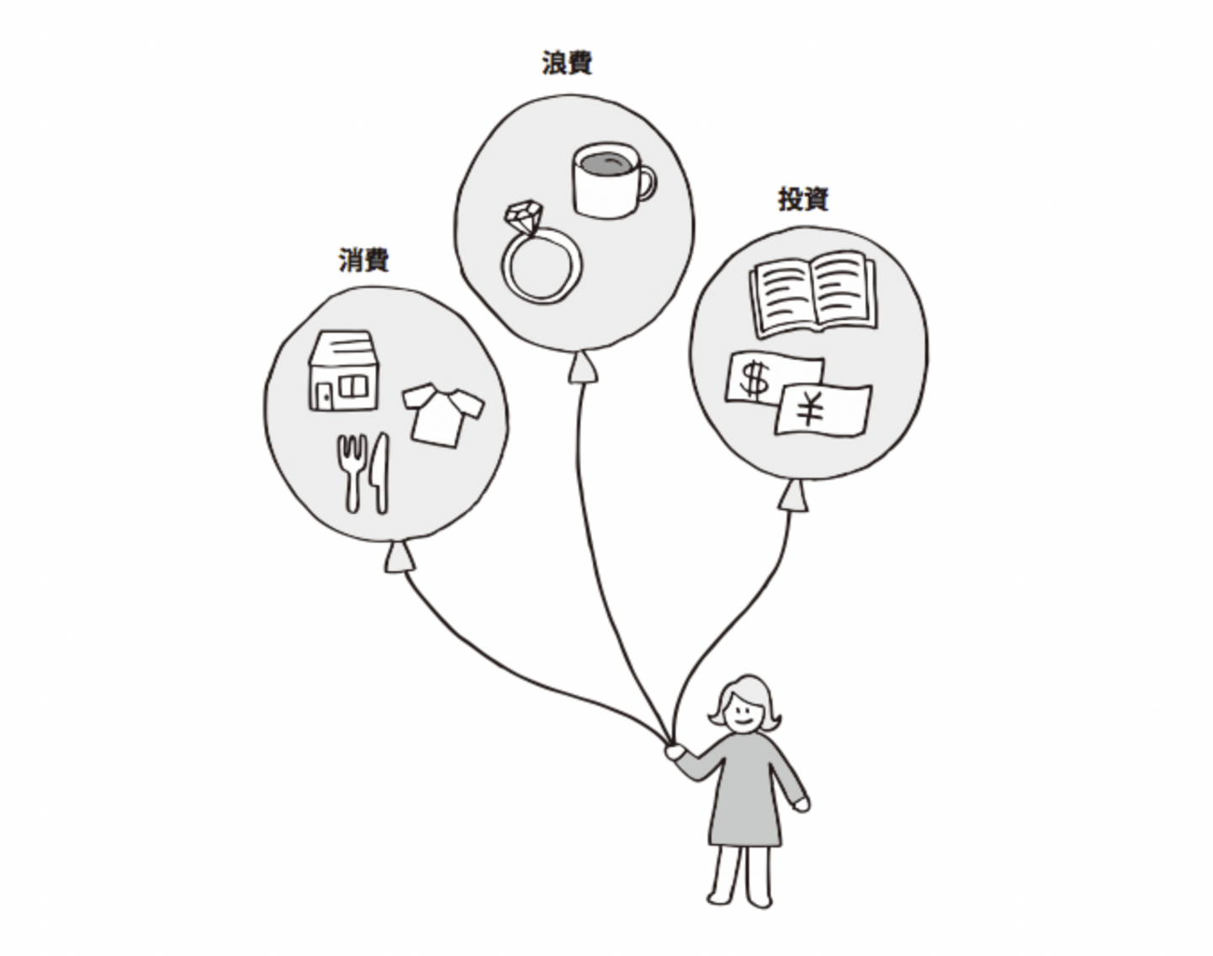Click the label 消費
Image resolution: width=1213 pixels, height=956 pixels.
[x=364, y=260]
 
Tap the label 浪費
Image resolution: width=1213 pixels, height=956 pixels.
[x=567, y=63]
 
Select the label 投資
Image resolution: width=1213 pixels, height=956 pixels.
[x=803, y=200]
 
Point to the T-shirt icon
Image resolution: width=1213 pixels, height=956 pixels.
[x=441, y=414]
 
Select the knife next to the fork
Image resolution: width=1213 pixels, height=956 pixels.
[x=379, y=473]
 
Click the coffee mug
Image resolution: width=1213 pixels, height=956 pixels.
[x=606, y=181]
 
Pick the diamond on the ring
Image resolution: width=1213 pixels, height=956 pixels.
[x=523, y=217]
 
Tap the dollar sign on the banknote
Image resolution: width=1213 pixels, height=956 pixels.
[x=754, y=379]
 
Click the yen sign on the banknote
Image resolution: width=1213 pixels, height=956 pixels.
[x=810, y=411]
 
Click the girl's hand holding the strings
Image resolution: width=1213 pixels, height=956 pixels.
[x=675, y=750]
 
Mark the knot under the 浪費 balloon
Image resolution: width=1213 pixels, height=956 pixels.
[x=580, y=369]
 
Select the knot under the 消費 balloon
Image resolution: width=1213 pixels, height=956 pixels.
[x=399, y=558]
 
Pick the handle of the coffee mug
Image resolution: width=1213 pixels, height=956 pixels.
[x=646, y=184]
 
